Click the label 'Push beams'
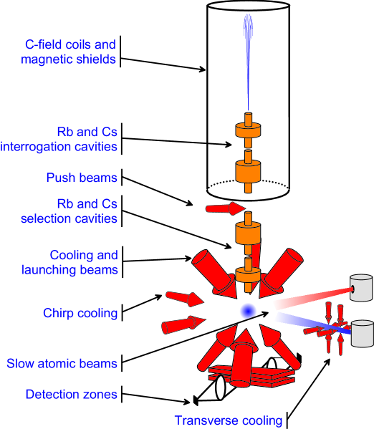click(83, 176)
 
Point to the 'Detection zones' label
click(71, 394)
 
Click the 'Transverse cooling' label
click(229, 420)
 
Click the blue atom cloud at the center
click(247, 311)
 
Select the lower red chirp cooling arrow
click(179, 324)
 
